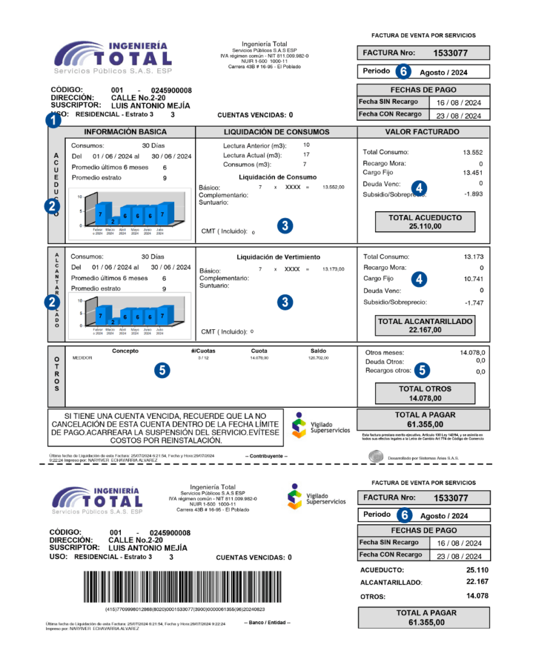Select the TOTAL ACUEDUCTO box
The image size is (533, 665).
pos(424,222)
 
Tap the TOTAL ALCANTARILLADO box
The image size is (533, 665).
pos(425,325)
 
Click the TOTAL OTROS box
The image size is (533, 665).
pos(425,394)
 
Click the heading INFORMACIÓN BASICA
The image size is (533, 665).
pos(129,132)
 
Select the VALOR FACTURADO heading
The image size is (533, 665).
pos(423,132)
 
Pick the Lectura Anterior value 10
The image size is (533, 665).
pos(306,145)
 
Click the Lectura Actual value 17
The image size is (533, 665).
pos(306,155)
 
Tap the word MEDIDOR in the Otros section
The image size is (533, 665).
pos(83,358)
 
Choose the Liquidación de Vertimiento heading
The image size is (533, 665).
pos(278,257)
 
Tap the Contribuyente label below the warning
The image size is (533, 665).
pos(266,457)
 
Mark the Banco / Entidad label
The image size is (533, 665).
pos(267,623)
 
